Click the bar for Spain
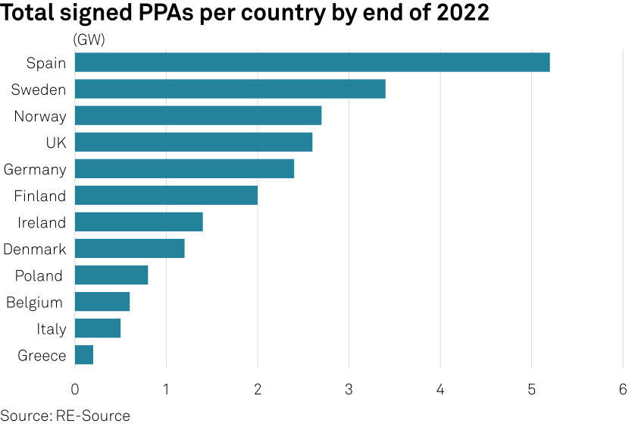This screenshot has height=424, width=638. (x=312, y=62)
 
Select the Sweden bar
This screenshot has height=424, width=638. (x=230, y=89)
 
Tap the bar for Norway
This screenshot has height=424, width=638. (x=198, y=115)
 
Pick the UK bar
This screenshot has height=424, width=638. (x=193, y=142)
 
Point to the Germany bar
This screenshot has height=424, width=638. (x=184, y=168)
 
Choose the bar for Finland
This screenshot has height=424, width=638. (x=166, y=195)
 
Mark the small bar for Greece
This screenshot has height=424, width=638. (x=84, y=354)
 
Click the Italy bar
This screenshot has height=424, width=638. (x=98, y=328)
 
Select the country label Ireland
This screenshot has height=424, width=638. (x=42, y=222)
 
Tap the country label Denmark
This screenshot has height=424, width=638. (x=35, y=249)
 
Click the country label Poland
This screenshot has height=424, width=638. (x=39, y=275)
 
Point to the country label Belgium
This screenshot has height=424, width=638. (x=34, y=302)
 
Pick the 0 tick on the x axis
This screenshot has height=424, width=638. (x=75, y=389)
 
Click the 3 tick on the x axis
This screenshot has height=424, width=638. (x=349, y=389)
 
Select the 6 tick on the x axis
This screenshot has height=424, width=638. (x=623, y=389)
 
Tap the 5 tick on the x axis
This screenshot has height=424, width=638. (x=531, y=389)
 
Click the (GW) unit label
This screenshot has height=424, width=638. (x=89, y=39)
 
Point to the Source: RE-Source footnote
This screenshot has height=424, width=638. (x=65, y=415)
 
